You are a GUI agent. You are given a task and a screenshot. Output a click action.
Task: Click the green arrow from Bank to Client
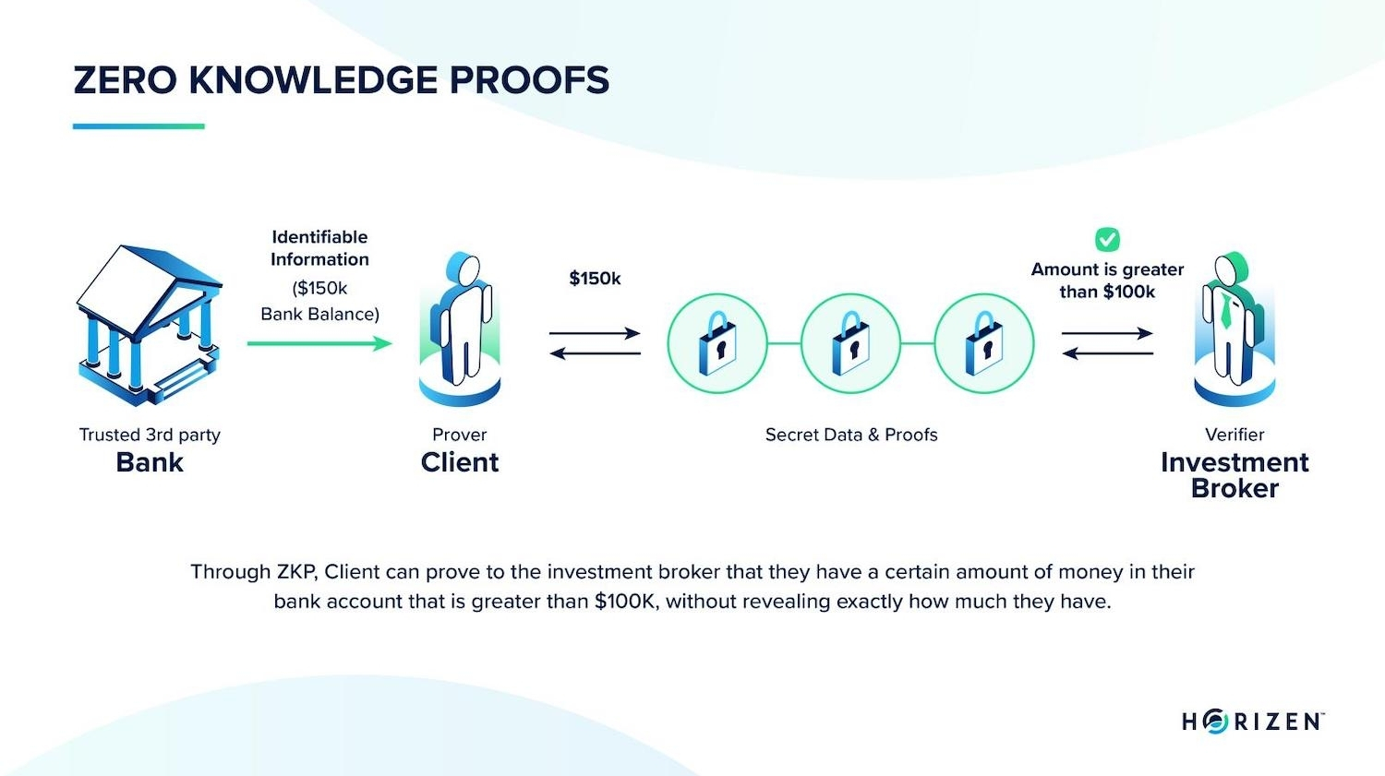pos(319,343)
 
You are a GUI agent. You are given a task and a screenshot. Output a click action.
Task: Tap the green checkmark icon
pos(1107,240)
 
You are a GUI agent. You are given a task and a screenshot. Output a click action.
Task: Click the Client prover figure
pos(460,328)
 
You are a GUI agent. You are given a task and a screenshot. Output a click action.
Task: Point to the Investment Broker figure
pos(1234,328)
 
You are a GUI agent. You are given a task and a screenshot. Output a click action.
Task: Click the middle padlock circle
pos(850,343)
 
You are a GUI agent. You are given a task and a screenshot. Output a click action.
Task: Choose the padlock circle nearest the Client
pos(717,343)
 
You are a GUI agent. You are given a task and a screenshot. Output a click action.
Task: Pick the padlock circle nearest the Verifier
pos(984,343)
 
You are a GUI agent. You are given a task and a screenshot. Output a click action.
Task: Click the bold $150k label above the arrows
pos(595,279)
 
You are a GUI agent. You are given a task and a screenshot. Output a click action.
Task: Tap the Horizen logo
pos(1252,722)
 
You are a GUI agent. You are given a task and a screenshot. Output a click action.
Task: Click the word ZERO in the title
pos(125,80)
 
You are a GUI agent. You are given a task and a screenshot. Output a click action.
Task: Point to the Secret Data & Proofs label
pos(851,435)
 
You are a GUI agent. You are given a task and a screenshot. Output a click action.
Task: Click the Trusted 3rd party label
pos(150,435)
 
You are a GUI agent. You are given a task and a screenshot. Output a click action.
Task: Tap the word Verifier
pos(1234,435)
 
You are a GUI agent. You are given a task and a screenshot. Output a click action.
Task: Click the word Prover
pos(460,435)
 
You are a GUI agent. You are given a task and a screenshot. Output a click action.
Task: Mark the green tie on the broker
pos(1225,311)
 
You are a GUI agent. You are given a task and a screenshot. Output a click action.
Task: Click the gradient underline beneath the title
pos(138,126)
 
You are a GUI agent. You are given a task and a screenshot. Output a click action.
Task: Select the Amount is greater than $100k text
pos(1107,281)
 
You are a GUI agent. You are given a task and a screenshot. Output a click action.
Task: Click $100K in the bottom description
pos(626,602)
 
